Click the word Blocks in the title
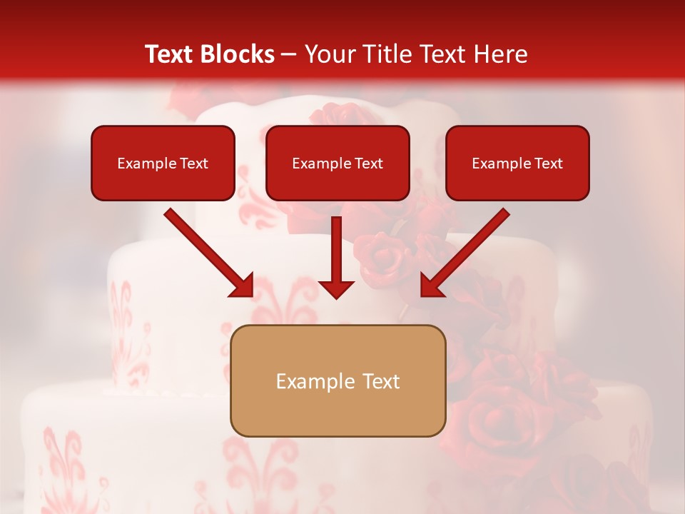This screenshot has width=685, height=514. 239,54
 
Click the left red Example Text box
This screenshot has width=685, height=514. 163,163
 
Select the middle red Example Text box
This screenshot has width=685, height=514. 338,163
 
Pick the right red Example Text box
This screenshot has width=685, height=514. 517,163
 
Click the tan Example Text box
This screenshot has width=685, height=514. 338,381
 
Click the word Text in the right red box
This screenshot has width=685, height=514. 548,163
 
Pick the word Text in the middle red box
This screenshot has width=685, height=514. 368,163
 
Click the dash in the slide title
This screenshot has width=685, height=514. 290,55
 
